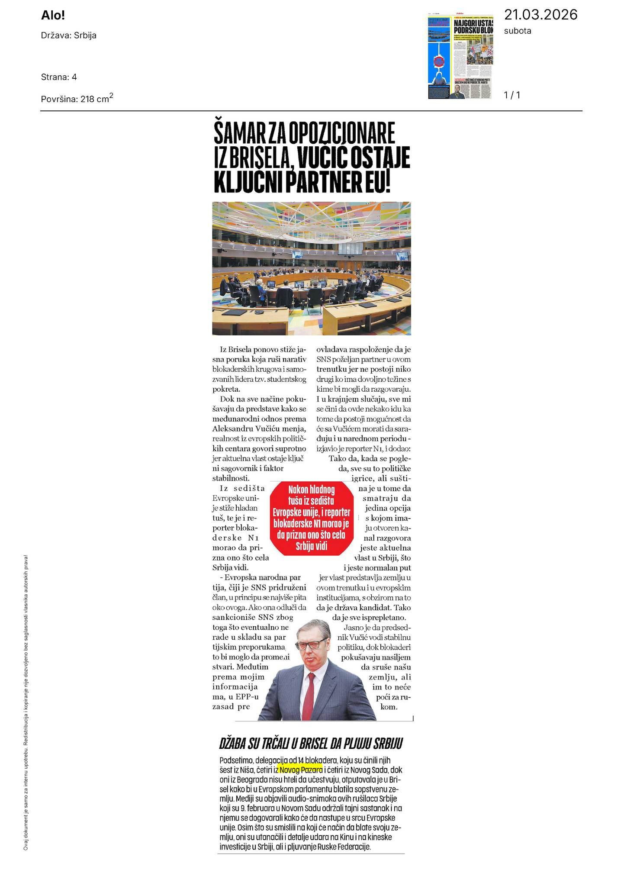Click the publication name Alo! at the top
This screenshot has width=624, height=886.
pos(53,16)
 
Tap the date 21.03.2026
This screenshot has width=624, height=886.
pos(540,15)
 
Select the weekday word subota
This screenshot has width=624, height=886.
pos(518,31)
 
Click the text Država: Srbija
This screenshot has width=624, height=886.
pos(68,35)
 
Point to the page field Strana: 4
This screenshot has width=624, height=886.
pos(59,77)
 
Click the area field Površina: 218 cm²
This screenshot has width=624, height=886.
pos(77,98)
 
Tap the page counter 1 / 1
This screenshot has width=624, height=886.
pos(512,95)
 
